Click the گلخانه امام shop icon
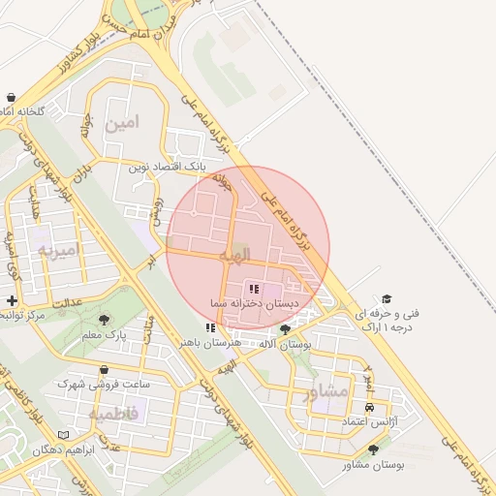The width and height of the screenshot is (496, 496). point(11,98)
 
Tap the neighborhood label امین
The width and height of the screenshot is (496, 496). point(124,123)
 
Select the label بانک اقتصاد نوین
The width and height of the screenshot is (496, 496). point(167,168)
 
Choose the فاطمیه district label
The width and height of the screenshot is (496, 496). point(114,415)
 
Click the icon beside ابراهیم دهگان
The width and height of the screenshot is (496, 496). point(64,436)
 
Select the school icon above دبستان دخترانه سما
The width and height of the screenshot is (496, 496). point(255,288)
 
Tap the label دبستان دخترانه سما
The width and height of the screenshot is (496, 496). point(254,304)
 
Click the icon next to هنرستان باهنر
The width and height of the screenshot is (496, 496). point(211,328)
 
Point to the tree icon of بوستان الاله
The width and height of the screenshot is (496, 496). point(285,329)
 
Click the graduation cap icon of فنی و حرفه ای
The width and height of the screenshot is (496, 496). point(387,299)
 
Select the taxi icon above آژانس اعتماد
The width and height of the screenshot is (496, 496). point(369,407)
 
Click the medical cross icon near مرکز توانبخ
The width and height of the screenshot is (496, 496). point(11,300)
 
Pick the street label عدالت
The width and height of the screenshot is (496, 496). point(68,304)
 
